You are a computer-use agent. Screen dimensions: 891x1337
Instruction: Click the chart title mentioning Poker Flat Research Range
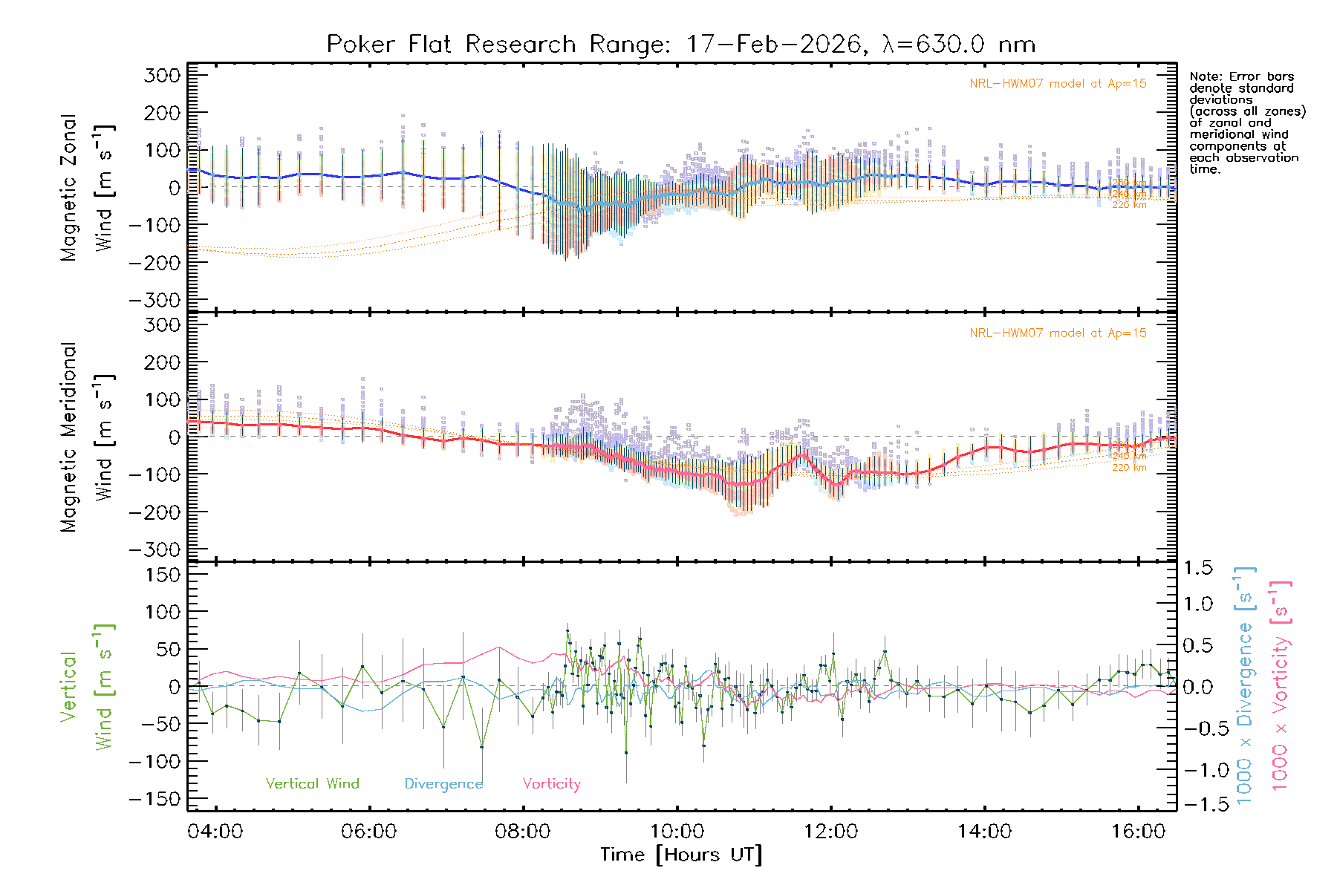pyautogui.click(x=680, y=45)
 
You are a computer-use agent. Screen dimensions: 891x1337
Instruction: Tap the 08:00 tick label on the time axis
pyautogui.click(x=523, y=832)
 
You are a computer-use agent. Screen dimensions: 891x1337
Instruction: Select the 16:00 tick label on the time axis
pyautogui.click(x=1138, y=832)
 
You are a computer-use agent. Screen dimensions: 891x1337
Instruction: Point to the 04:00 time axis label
pyautogui.click(x=215, y=832)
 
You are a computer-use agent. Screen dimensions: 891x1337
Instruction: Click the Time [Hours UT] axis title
pyautogui.click(x=680, y=855)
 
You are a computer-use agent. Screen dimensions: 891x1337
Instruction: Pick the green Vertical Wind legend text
pyautogui.click(x=312, y=784)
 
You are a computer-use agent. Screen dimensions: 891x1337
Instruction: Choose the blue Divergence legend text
pyautogui.click(x=443, y=784)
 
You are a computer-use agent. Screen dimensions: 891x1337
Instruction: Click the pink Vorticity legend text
pyautogui.click(x=551, y=784)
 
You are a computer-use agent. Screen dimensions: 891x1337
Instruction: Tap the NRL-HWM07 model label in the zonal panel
pyautogui.click(x=1058, y=84)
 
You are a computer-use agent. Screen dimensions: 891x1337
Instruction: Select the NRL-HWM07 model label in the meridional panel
pyautogui.click(x=1058, y=333)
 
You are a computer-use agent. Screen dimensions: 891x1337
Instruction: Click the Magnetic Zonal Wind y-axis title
pyautogui.click(x=88, y=187)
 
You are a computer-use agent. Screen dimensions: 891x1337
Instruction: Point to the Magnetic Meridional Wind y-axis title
pyautogui.click(x=88, y=437)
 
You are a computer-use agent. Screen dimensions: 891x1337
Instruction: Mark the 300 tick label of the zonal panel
pyautogui.click(x=163, y=75)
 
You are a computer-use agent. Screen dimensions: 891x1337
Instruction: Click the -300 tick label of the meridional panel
pyautogui.click(x=155, y=549)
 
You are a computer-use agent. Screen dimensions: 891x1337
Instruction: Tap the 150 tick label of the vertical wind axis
pyautogui.click(x=163, y=575)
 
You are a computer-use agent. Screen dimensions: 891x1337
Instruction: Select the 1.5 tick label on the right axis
pyautogui.click(x=1198, y=568)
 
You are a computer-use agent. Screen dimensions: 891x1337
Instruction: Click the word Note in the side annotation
pyautogui.click(x=1203, y=76)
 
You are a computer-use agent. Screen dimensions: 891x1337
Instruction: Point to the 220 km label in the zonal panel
pyautogui.click(x=1129, y=205)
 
